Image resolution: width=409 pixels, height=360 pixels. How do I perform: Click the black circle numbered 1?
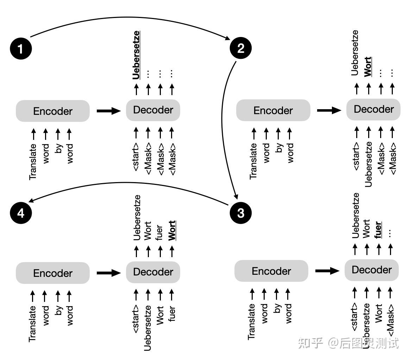point(21,48)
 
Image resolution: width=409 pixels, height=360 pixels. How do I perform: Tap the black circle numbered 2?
point(241,48)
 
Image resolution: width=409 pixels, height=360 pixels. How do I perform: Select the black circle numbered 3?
point(241,213)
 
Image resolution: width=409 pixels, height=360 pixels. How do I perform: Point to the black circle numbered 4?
point(21,213)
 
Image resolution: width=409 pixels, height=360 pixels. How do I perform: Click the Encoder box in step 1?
point(53,111)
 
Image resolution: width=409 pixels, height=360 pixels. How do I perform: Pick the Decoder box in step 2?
point(373,109)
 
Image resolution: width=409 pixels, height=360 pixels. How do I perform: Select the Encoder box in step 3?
point(271,271)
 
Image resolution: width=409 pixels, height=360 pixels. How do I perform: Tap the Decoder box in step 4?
point(153,272)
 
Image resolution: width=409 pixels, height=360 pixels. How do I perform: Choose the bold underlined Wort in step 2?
point(368,67)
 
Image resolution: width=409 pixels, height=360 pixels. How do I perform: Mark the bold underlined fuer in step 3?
point(378,229)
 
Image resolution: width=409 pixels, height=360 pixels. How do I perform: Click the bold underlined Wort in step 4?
point(172,231)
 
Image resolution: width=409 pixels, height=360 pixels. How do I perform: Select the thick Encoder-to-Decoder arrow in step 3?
point(327,271)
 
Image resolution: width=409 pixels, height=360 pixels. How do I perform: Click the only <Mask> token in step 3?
point(390,319)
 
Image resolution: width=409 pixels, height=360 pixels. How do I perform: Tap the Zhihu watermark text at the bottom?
point(349,342)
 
